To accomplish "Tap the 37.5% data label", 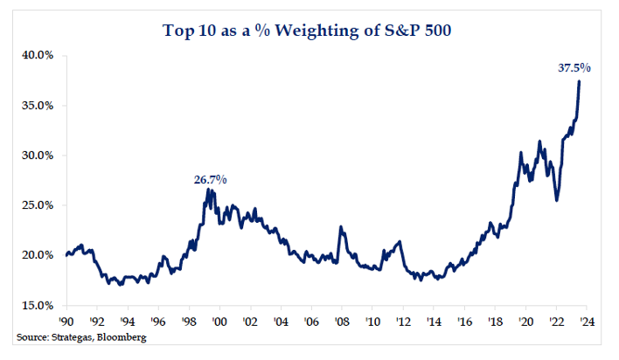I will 574,67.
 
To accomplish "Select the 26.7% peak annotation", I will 210,179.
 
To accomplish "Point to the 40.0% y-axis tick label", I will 37,55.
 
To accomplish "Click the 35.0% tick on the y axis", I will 37,105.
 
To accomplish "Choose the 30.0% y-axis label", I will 37,156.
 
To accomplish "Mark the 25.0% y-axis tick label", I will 37,205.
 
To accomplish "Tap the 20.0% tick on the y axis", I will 37,255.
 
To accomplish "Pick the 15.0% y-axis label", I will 37,305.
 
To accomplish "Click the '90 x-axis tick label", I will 66,321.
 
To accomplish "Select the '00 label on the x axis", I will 219,321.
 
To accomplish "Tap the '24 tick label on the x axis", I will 585,321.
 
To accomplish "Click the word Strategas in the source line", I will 73,336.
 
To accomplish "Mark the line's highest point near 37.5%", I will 579,81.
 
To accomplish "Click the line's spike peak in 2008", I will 340,227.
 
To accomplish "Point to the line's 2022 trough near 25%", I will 557,200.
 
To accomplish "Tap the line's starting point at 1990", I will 66,255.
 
